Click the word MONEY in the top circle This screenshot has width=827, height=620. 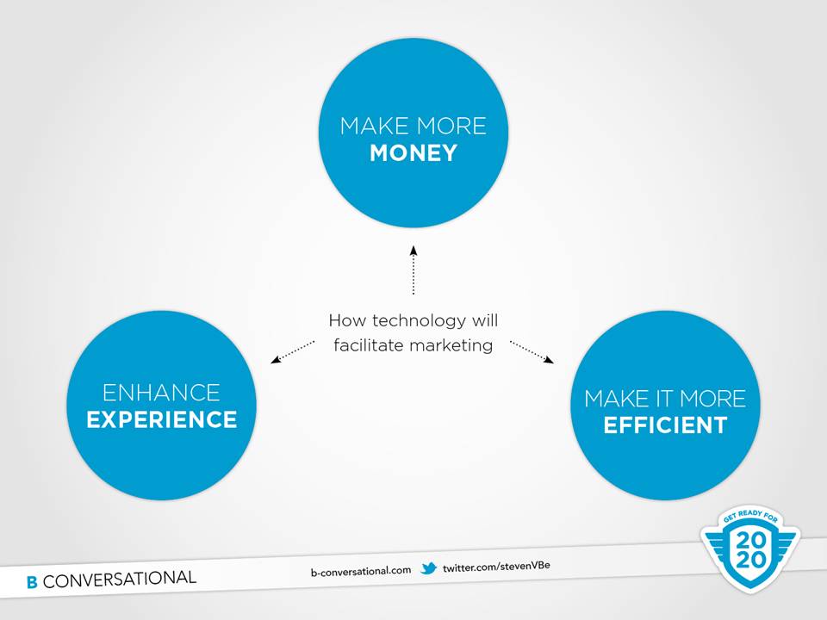click(x=413, y=153)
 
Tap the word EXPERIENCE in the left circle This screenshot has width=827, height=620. click(x=162, y=419)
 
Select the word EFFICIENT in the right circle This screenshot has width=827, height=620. click(x=666, y=425)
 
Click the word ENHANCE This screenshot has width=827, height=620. click(x=161, y=393)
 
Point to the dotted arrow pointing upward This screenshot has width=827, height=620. click(x=413, y=270)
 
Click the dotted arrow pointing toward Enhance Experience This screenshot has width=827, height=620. click(x=293, y=351)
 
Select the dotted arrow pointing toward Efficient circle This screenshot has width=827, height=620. click(x=532, y=351)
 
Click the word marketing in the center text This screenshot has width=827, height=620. click(x=451, y=346)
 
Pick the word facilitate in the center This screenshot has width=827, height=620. click(x=370, y=345)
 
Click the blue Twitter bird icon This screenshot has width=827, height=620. click(x=429, y=568)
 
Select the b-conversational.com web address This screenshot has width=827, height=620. click(x=361, y=570)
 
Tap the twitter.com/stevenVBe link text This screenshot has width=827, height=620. click(x=496, y=567)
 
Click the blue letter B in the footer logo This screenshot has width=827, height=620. click(x=32, y=582)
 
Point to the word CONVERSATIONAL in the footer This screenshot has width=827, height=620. click(x=120, y=580)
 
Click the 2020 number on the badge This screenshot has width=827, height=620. click(x=750, y=550)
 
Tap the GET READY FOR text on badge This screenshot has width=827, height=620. click(x=750, y=516)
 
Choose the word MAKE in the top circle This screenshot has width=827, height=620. click(x=375, y=127)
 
